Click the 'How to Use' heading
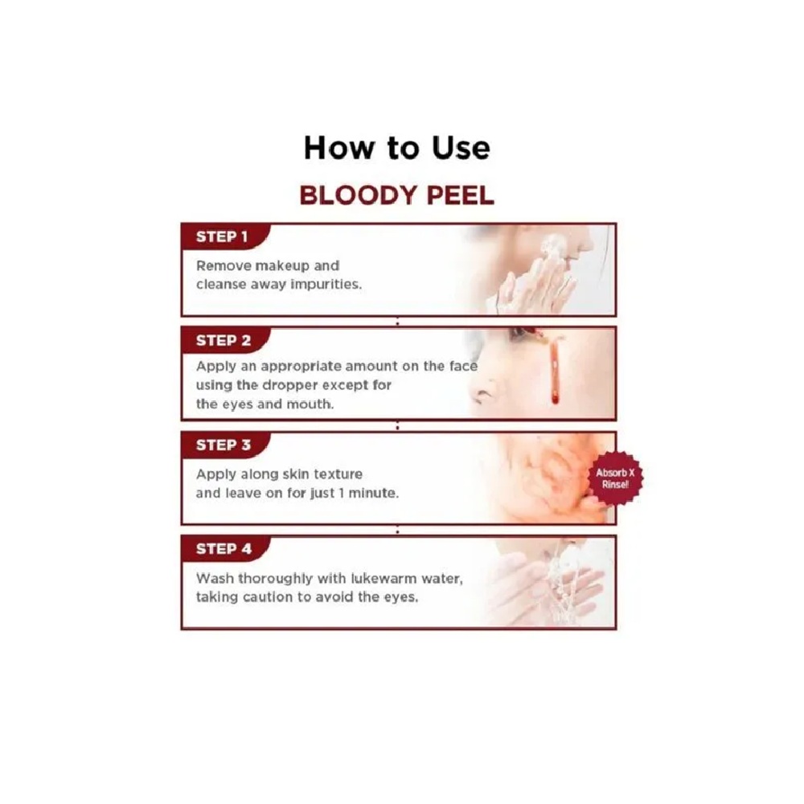397,148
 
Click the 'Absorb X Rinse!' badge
615,478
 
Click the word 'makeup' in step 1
282,266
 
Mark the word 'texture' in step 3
338,474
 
